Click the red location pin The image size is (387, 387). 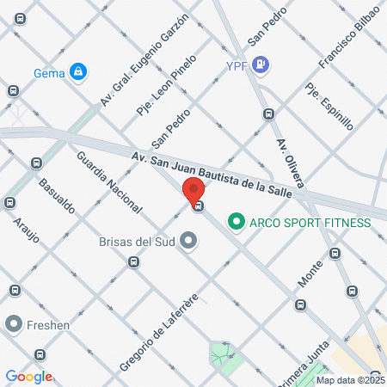(193, 191)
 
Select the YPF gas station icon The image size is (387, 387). (261, 64)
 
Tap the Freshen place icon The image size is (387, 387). (13, 325)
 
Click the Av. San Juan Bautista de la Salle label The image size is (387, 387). (212, 175)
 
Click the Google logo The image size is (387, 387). (29, 377)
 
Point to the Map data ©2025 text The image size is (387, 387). (350, 380)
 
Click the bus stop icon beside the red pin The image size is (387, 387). (199, 206)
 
